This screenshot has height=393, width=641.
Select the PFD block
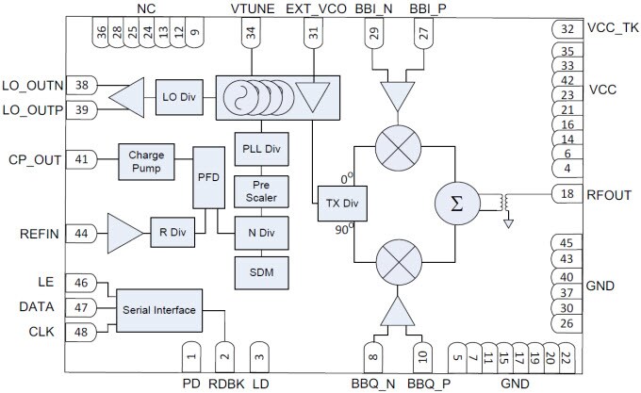tap(205, 176)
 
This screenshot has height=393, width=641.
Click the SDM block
tap(261, 271)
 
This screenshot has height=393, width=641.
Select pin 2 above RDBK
tap(223, 356)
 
